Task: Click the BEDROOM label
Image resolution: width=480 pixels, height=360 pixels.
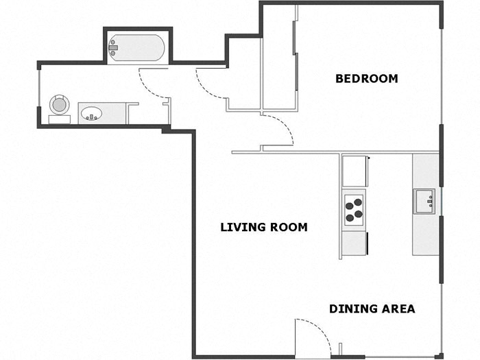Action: [x=366, y=79]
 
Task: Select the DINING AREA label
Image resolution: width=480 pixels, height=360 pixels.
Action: [x=372, y=309]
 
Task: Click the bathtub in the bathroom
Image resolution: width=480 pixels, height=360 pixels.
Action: [x=137, y=49]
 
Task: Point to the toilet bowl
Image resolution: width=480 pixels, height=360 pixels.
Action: [x=60, y=105]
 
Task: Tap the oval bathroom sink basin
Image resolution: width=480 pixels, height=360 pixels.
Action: [x=91, y=113]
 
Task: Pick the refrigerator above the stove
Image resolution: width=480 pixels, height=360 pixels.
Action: [x=354, y=171]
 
